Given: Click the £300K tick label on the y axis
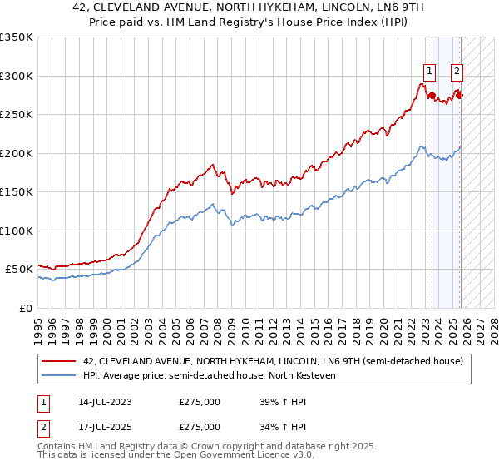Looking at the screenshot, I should (17, 76).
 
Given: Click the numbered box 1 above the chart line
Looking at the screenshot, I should (429, 72).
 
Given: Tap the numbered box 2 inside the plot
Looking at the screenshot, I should (457, 72).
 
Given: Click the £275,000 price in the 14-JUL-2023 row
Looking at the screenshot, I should (200, 402).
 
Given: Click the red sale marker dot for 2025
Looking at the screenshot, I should (460, 95).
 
